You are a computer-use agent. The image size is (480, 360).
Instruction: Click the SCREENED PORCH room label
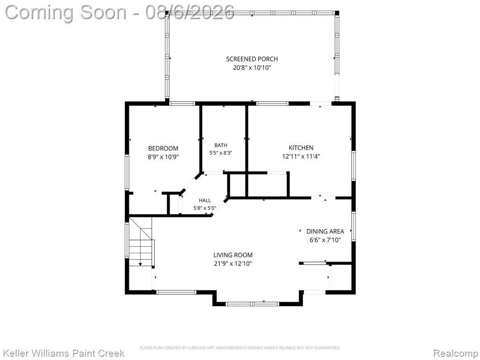pos(252,59)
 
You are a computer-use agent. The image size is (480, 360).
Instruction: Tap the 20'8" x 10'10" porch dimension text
pos(252,67)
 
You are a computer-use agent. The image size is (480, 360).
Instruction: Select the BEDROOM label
pos(163,149)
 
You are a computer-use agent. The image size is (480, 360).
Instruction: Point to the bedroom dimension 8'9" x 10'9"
pos(163,157)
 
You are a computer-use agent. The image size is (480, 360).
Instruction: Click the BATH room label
pos(221,145)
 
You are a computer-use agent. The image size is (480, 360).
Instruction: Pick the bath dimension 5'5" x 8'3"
pos(221,152)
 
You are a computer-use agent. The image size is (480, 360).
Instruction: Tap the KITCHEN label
pos(301,148)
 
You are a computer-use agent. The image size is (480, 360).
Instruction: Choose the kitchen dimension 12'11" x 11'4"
pos(301,157)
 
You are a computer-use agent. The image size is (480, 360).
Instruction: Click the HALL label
pos(205,201)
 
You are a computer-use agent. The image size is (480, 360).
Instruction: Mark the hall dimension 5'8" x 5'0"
pos(205,208)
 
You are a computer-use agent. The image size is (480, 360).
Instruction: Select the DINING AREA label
pos(325,232)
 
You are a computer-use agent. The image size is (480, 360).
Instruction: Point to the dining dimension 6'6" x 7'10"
pos(325,240)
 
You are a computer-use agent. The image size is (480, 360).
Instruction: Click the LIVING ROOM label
pos(233,255)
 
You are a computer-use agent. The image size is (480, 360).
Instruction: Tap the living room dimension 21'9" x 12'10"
pos(233,263)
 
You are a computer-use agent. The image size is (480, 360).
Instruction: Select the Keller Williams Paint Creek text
pos(64,353)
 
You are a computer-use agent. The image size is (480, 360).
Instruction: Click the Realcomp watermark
pos(456,353)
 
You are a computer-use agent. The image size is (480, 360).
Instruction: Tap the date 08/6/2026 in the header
pos(190,12)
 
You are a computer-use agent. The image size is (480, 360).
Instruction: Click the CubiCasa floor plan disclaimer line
pos(240,348)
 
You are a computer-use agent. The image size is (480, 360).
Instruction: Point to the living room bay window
pos(252,304)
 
